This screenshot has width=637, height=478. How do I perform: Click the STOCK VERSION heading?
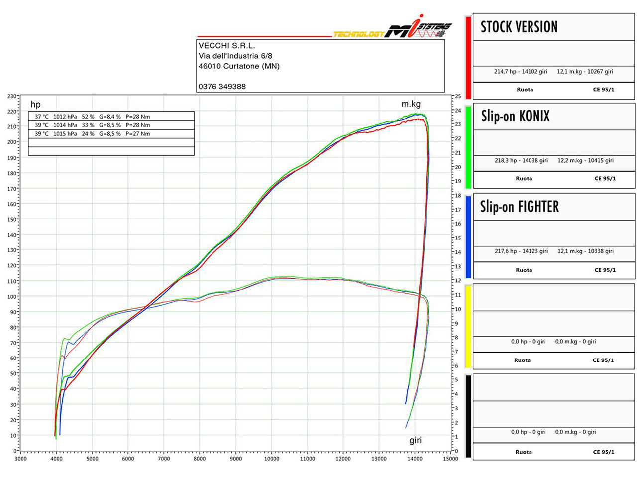tap(519, 27)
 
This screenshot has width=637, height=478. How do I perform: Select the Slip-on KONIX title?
tap(515, 117)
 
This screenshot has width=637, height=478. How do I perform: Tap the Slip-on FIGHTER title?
tap(519, 207)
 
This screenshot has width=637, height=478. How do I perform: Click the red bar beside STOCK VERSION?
tap(468, 58)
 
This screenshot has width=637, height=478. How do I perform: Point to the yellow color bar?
tap(468, 326)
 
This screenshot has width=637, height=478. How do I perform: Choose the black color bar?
tap(468, 416)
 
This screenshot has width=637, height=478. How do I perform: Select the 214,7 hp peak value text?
tap(521, 72)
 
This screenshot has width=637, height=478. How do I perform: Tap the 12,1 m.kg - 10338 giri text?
tap(585, 251)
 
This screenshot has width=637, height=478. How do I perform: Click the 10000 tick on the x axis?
tap(272, 459)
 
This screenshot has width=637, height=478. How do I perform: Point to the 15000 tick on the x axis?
tap(450, 459)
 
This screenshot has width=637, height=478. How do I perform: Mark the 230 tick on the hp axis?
tap(11, 96)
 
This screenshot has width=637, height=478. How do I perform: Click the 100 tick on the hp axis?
tap(11, 297)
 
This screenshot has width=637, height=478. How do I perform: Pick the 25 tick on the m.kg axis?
tap(458, 96)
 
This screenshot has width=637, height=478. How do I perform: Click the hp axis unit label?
tap(35, 104)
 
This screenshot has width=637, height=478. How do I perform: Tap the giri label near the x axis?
tap(415, 440)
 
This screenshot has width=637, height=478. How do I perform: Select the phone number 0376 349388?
tap(222, 86)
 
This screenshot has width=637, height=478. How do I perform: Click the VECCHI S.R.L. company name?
tap(226, 46)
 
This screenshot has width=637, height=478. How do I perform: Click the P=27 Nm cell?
tap(138, 134)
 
